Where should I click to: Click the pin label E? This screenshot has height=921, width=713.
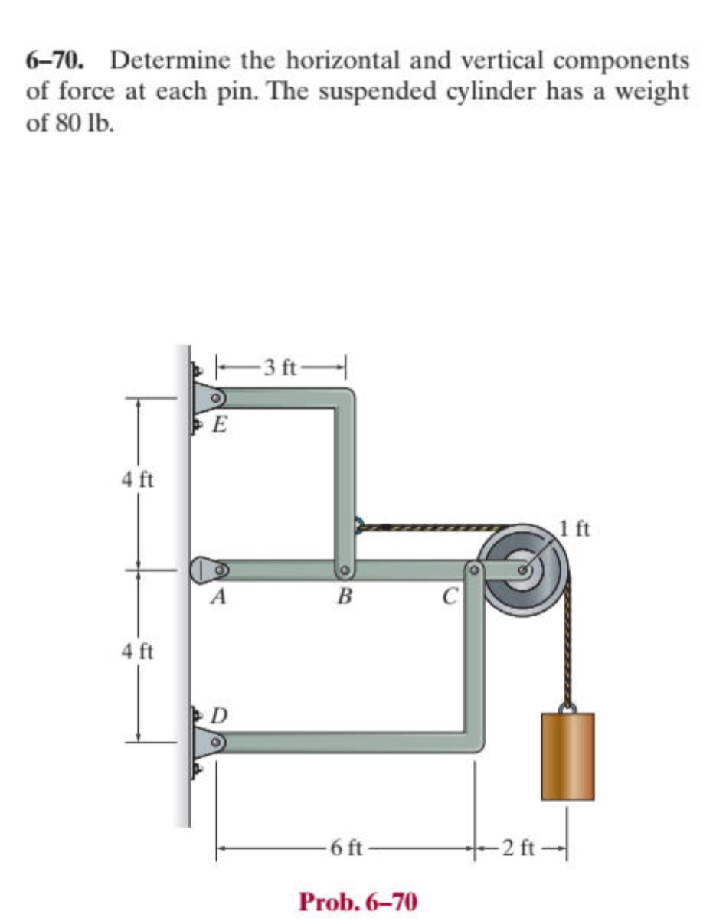pos(220,424)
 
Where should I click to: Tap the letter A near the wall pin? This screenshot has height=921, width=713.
pos(219,596)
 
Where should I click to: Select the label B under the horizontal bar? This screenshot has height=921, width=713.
pos(345,596)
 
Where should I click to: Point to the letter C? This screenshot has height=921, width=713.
pos(450,596)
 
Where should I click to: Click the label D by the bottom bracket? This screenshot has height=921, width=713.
pos(220,716)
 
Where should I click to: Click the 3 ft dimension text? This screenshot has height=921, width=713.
pos(280,367)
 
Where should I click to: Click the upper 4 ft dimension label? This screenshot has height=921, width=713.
pos(137,480)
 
